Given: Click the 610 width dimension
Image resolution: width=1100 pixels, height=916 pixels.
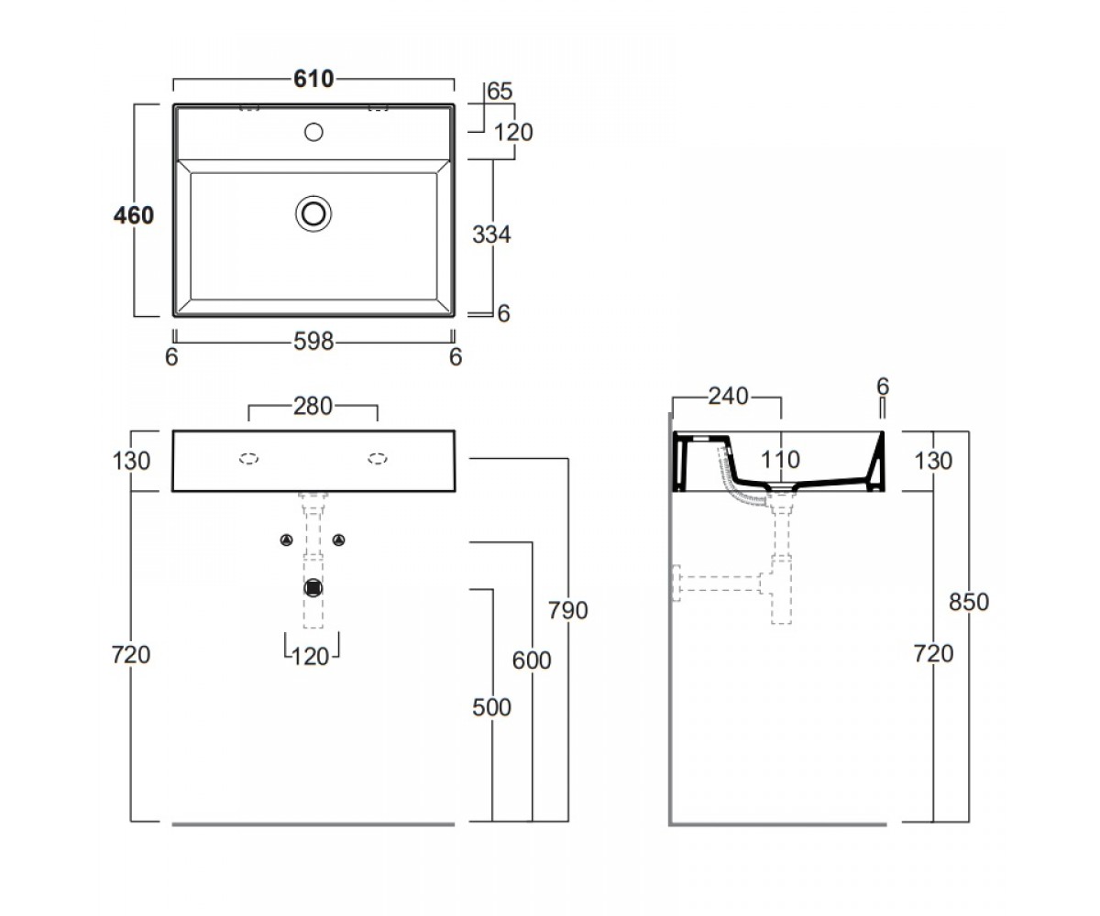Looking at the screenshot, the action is (313, 79).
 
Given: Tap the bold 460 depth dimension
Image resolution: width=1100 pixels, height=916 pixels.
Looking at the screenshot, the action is (134, 215).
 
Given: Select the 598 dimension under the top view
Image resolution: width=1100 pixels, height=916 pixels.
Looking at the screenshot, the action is (313, 342).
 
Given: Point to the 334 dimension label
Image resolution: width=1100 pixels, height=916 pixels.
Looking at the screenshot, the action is (491, 234).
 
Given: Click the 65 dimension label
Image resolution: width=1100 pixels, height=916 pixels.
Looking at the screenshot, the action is (500, 91).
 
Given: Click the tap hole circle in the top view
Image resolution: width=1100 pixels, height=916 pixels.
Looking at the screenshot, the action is (313, 132).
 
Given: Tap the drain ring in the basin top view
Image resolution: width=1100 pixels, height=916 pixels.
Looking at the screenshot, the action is (313, 213).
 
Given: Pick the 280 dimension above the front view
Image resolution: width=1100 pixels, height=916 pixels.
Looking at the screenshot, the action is (313, 407).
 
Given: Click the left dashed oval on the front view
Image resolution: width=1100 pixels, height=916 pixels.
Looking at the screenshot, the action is (248, 459).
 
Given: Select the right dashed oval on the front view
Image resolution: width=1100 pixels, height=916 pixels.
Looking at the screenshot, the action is (378, 459).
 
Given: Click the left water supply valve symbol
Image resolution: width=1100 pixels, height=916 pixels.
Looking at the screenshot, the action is (287, 540).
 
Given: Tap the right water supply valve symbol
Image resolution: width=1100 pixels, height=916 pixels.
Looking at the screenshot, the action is (339, 540).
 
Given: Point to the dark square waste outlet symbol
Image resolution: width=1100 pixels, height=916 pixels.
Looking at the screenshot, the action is (313, 588).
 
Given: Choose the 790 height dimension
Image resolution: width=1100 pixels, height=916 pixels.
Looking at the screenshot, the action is (568, 611).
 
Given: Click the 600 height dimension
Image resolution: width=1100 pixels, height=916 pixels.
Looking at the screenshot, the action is (532, 660).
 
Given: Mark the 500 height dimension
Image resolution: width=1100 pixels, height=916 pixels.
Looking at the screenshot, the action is (491, 707).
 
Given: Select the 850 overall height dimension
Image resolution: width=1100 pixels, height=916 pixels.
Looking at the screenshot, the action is (969, 602).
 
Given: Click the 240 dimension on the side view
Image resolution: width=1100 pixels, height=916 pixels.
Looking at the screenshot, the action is (728, 397).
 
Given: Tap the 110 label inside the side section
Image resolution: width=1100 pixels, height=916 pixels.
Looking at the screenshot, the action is (780, 460).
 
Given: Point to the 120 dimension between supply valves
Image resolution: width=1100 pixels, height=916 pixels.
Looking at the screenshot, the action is (311, 657).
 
